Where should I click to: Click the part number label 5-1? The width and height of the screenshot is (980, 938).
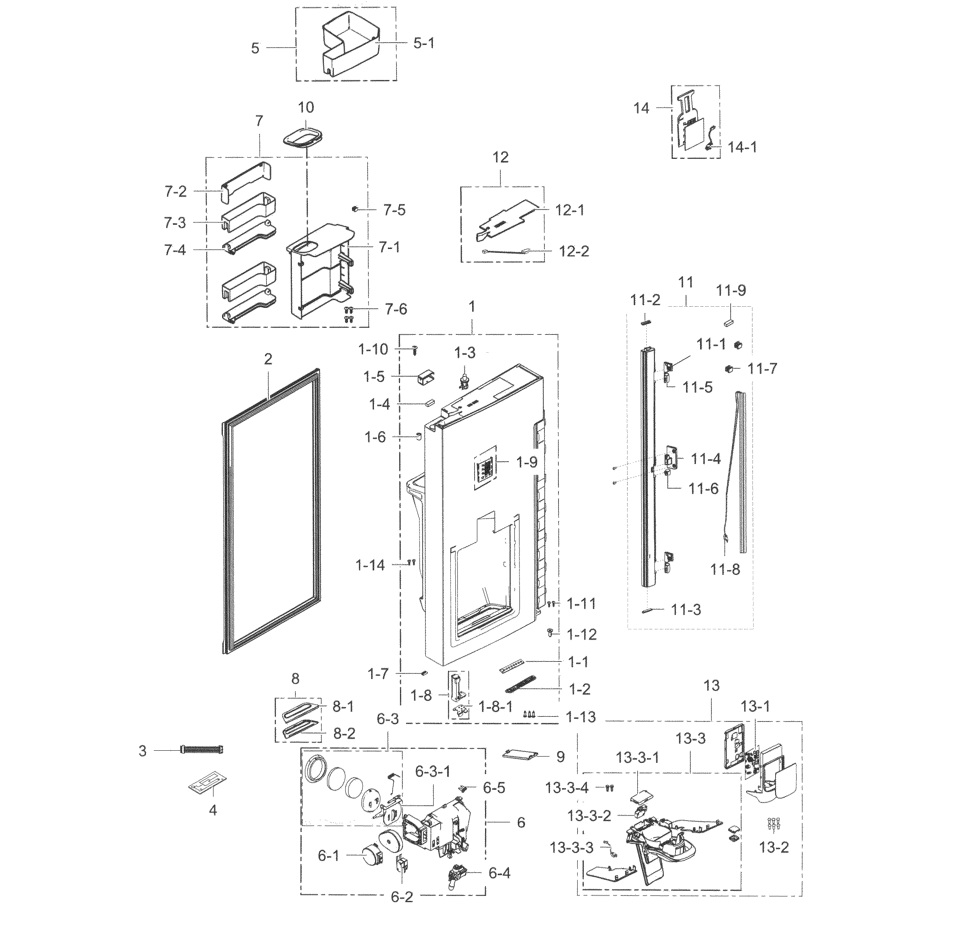423,43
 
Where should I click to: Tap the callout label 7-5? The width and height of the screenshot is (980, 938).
395,210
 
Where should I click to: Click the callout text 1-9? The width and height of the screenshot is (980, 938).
527,462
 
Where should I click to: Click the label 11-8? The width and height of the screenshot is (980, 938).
725,569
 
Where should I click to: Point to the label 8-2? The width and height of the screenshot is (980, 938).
344,734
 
